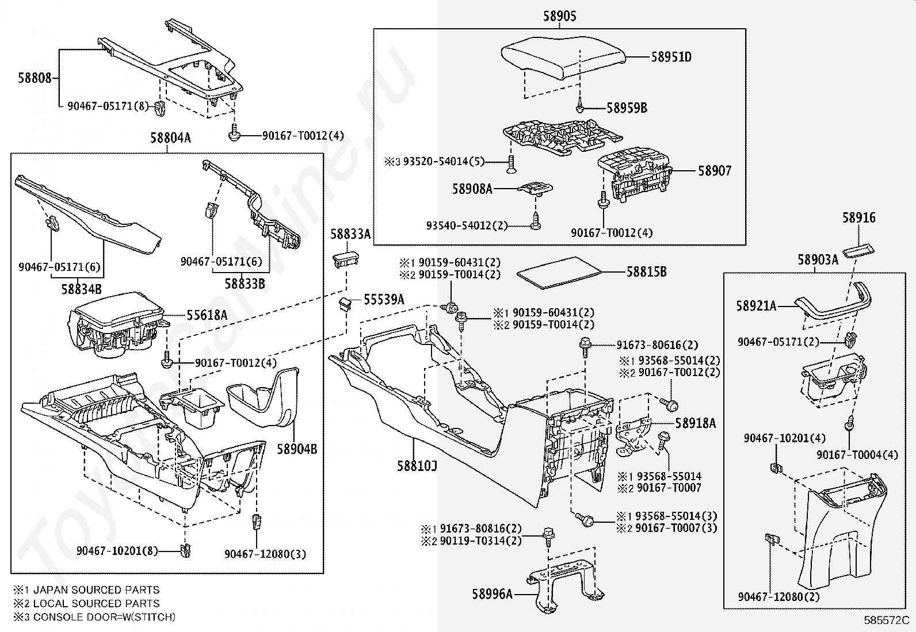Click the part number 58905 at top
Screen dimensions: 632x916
pos(559,17)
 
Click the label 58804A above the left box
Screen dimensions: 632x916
pos(170,138)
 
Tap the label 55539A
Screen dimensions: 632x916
pos(384,300)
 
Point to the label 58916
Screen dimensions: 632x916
pos(859,218)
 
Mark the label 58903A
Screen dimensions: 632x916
pos(818,260)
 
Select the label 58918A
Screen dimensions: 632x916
pos(696,424)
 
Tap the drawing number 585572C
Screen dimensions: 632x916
pos(886,620)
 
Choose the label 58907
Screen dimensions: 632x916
pos(715,171)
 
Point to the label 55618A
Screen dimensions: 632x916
pos(207,315)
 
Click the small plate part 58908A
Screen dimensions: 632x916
pos(536,187)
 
